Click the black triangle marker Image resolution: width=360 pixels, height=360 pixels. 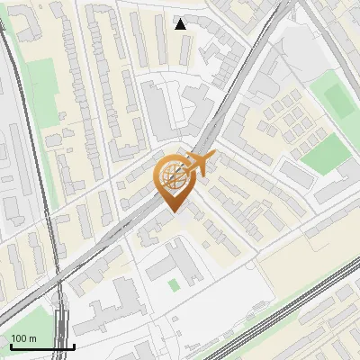[x=181, y=23]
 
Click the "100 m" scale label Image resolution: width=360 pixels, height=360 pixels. [x=23, y=337]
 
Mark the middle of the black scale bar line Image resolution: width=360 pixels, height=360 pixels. [x=41, y=346]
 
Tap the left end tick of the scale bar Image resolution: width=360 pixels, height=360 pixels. [x=10, y=345]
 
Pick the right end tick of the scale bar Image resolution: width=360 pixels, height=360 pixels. [x=73, y=345]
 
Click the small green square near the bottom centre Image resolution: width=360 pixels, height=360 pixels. [x=174, y=284]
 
